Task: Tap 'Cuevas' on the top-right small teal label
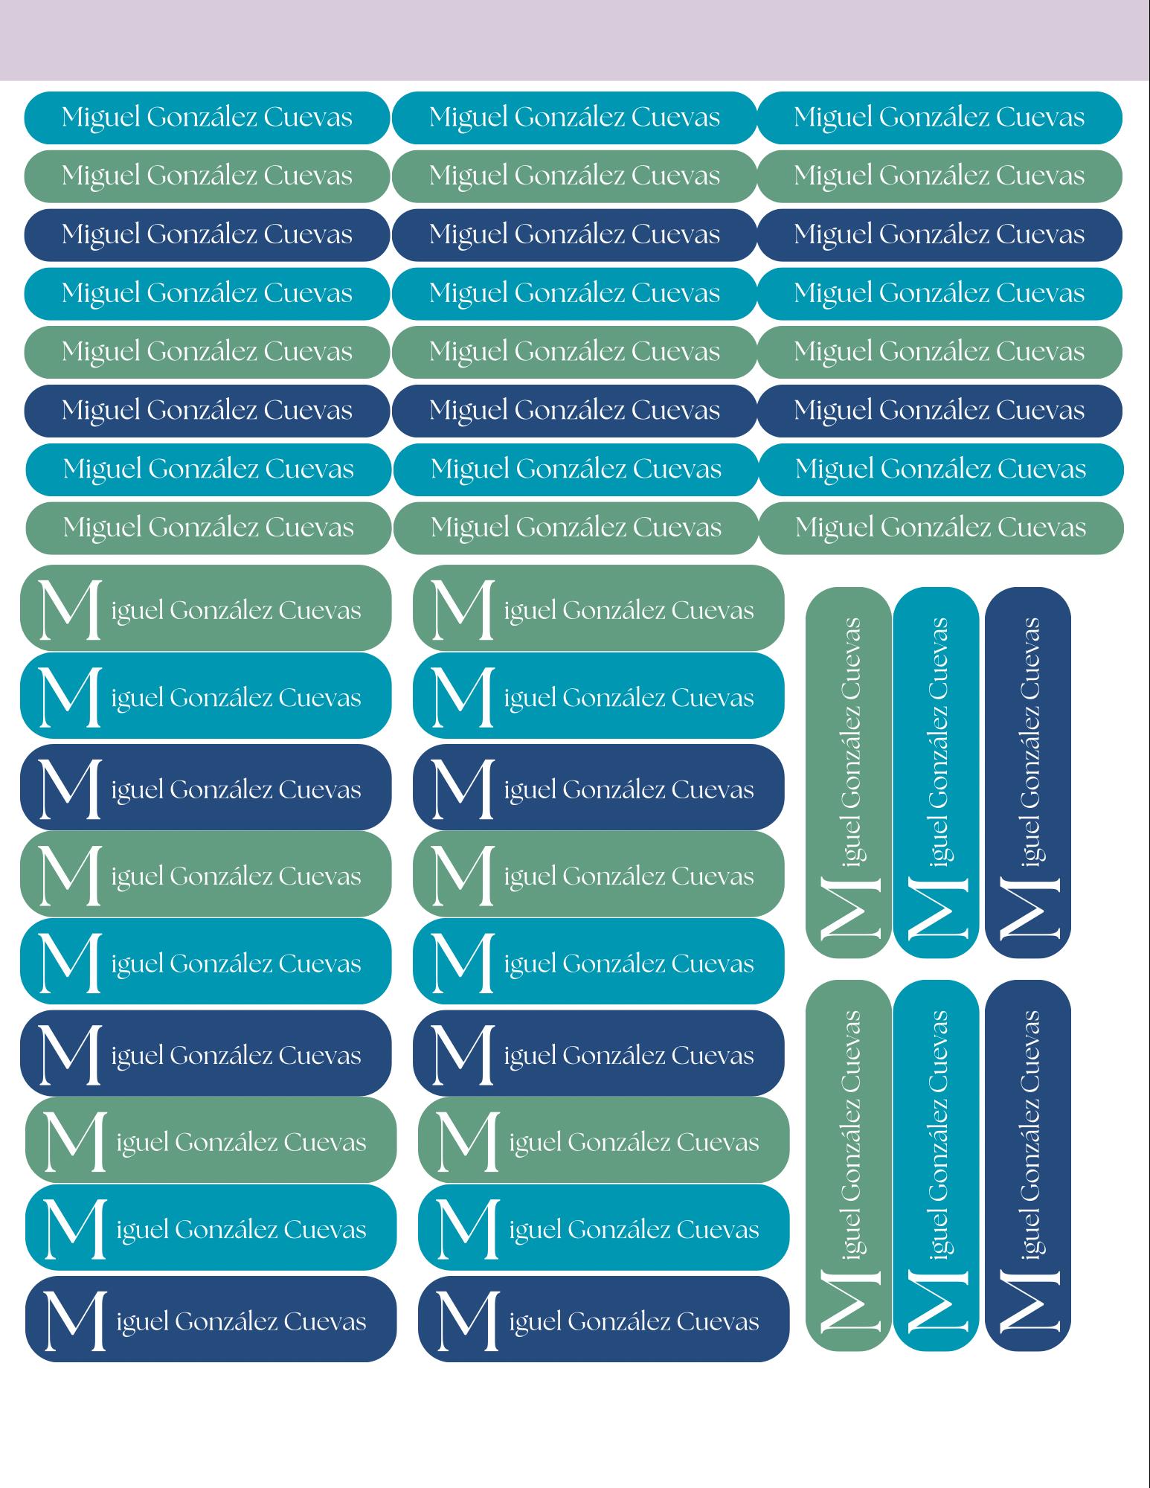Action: coord(1040,118)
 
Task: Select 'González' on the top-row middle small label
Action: coord(569,117)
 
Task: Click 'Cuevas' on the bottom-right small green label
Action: coord(1041,528)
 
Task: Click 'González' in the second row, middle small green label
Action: coord(569,176)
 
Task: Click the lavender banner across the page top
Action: coord(575,40)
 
